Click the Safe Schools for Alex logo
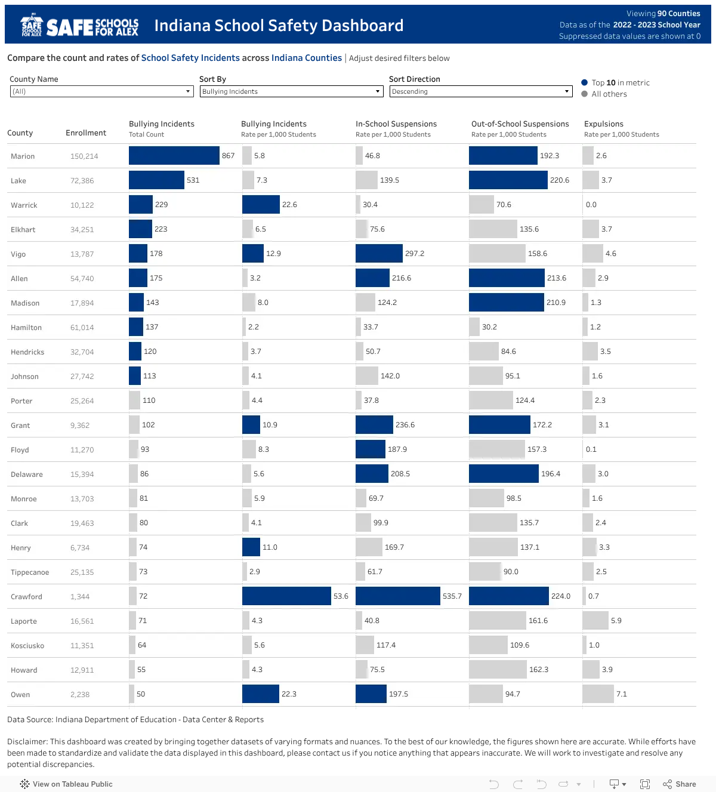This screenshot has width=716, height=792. (x=79, y=25)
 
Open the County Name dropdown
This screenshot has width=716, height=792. (x=101, y=91)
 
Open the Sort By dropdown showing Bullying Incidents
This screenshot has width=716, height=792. (x=291, y=91)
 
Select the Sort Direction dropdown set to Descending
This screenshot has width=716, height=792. (x=481, y=91)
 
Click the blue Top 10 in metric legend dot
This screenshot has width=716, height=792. (x=585, y=82)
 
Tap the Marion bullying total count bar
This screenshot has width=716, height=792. (x=174, y=156)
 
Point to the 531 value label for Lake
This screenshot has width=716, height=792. (x=193, y=180)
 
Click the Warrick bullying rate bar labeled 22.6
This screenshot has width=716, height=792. (x=261, y=205)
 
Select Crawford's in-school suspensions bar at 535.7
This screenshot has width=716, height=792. (x=398, y=596)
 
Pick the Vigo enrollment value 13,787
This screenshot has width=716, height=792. (x=82, y=254)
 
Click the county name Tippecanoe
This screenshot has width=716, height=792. (x=30, y=572)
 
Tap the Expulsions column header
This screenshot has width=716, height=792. (x=603, y=124)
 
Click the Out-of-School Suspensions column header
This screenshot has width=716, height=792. (x=520, y=124)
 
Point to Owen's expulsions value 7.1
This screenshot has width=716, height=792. (x=622, y=694)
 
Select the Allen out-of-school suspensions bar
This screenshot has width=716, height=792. (x=507, y=278)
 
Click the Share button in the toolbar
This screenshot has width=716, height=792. (x=679, y=784)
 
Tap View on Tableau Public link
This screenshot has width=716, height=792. (x=66, y=784)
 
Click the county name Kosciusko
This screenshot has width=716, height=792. (x=27, y=646)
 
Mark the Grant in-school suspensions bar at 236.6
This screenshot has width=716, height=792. (x=374, y=425)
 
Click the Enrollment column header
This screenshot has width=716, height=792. (x=86, y=132)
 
